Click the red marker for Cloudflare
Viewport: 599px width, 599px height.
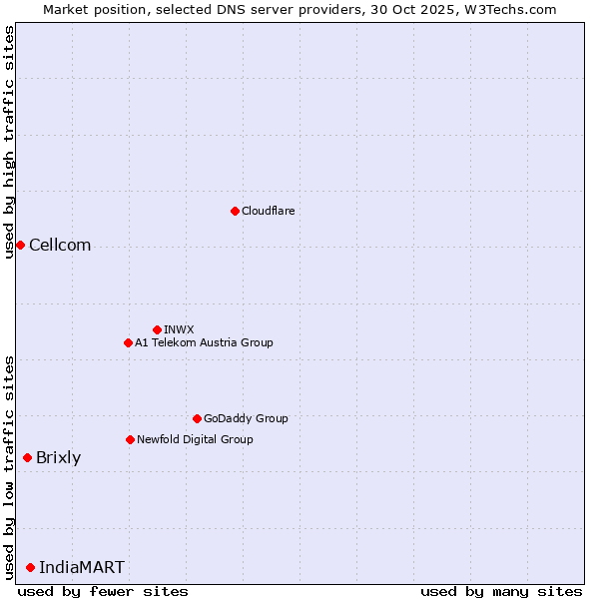pyautogui.click(x=235, y=211)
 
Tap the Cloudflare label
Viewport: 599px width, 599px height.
pyautogui.click(x=268, y=211)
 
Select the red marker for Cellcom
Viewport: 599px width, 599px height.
pyautogui.click(x=20, y=245)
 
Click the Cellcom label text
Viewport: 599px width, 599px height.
pyautogui.click(x=60, y=246)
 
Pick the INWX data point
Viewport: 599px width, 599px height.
pyautogui.click(x=157, y=329)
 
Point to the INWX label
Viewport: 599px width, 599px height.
pyautogui.click(x=179, y=329)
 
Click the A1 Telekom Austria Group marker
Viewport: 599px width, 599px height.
pyautogui.click(x=128, y=342)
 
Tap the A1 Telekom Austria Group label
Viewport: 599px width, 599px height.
pyautogui.click(x=204, y=342)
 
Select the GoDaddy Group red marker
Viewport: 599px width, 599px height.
pyautogui.click(x=197, y=418)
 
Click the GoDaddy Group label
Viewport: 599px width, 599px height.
pyautogui.click(x=245, y=418)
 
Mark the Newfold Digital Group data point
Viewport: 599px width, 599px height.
pyautogui.click(x=130, y=439)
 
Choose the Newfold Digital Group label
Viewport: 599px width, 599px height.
pyautogui.click(x=195, y=439)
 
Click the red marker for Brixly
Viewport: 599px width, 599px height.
pyautogui.click(x=27, y=457)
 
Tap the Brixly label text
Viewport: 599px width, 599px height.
pyautogui.click(x=58, y=458)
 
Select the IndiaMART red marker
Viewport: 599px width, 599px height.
pyautogui.click(x=30, y=567)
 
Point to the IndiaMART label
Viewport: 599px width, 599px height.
pyautogui.click(x=82, y=568)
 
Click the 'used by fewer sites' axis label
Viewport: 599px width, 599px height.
pyautogui.click(x=103, y=591)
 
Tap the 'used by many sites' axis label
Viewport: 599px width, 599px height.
pyautogui.click(x=501, y=591)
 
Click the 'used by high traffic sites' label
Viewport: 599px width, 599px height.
pyautogui.click(x=10, y=142)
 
